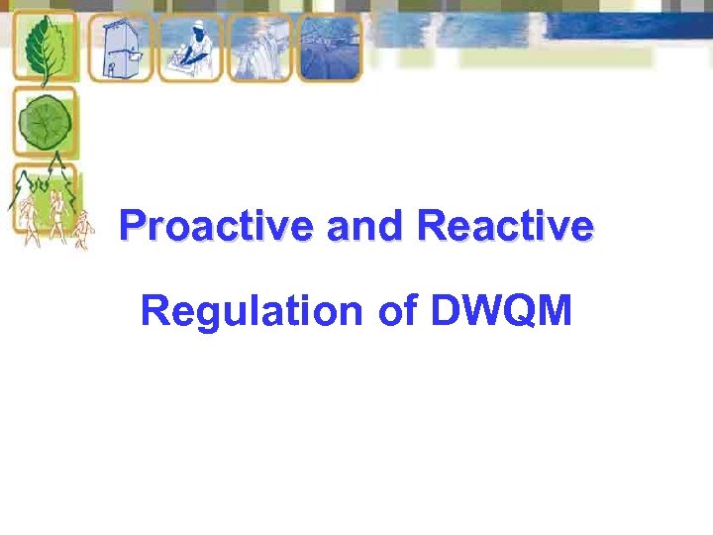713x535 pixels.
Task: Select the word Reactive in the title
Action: (x=505, y=227)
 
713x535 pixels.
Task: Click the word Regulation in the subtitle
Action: (x=252, y=311)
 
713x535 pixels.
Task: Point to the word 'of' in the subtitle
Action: (x=395, y=311)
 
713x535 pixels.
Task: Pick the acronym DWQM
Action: (x=502, y=311)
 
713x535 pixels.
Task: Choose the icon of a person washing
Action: (x=190, y=48)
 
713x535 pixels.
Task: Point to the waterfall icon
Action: (x=259, y=48)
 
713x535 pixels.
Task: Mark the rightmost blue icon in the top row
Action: (x=330, y=48)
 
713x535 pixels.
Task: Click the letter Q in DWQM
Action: (x=523, y=311)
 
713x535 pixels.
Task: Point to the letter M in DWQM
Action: (x=556, y=311)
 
